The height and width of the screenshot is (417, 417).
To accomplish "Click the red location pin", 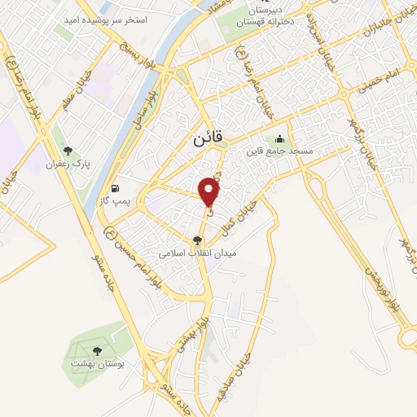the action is pos(210,191).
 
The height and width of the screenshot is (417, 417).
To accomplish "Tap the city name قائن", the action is pos(208,139).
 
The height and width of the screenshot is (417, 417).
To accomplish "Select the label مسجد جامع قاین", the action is pos(291,151).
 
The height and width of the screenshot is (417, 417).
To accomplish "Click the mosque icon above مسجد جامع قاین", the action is pos(280,138).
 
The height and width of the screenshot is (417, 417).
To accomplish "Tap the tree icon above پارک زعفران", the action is pos(68,151).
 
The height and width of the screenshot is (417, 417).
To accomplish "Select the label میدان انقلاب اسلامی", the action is pos(196,253).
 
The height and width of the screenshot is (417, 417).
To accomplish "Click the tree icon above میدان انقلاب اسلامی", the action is pos(196,240).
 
